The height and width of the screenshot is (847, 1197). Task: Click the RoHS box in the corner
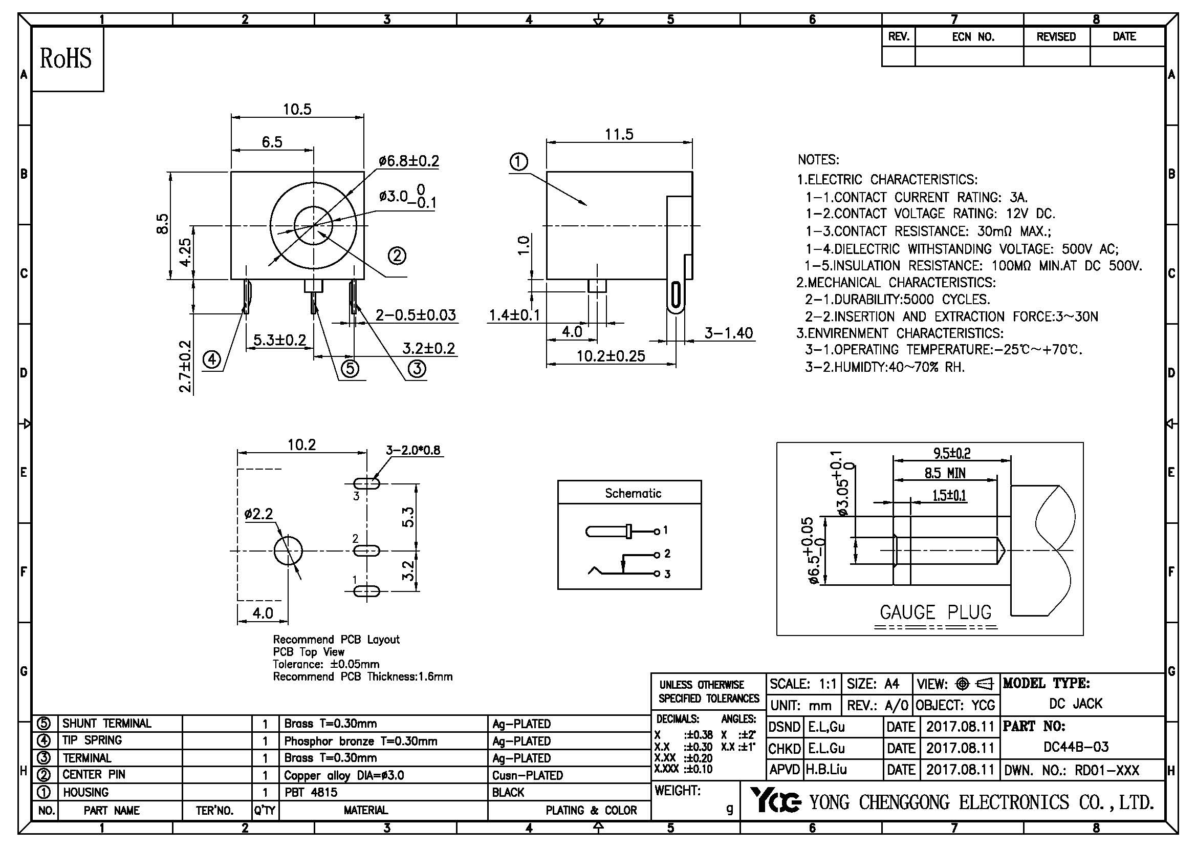point(67,59)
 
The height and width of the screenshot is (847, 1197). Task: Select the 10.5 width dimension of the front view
point(297,110)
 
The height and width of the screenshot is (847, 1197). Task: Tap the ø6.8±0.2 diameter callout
point(409,161)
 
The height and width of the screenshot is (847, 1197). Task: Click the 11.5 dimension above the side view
point(619,135)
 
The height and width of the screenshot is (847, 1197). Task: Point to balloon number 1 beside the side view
point(518,162)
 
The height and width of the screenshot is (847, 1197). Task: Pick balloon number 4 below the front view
point(212,359)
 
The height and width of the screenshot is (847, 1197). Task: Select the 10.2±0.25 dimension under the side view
point(611,356)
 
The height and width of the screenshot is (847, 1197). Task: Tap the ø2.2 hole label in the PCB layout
point(258,514)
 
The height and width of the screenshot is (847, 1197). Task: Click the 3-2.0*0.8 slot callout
point(413,450)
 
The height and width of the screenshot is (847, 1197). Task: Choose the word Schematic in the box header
point(633,493)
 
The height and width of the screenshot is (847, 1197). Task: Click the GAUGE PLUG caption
point(935,612)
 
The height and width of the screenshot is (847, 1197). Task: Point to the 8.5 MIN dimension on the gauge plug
point(945,473)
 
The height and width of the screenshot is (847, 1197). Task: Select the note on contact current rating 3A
point(917,197)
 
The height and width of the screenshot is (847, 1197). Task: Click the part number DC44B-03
point(1076,747)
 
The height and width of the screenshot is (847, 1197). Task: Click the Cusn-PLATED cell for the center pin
point(528,775)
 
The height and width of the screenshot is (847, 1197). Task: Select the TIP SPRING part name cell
point(92,740)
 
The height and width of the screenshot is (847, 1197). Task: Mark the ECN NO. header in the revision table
point(973,37)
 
